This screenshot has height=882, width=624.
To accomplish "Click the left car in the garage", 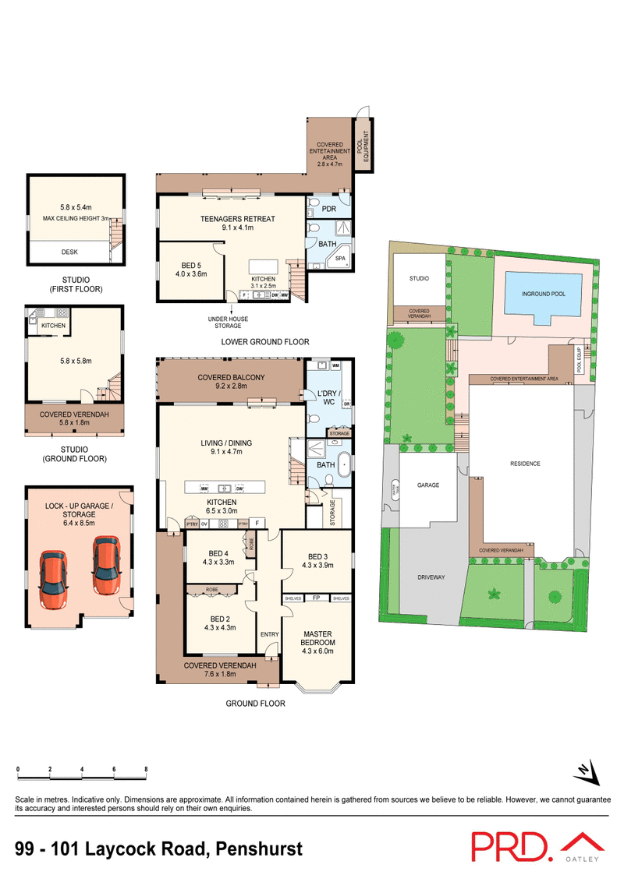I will pos(51,575).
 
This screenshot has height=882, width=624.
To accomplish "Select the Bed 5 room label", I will pos(190,269).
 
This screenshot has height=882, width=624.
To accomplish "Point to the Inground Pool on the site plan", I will pos(544,294).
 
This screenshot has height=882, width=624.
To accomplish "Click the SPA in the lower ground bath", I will pos(341,259).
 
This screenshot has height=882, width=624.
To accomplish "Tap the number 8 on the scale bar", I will pos(146,770).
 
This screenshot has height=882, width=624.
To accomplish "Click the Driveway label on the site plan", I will pos(431,577).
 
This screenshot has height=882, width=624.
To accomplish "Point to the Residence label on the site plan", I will pos(525,464).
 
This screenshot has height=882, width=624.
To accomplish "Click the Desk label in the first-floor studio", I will pos(76,252).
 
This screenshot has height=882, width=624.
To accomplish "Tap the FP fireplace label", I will pos(317,598).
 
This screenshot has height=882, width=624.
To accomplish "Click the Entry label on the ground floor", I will pos(269,634).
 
